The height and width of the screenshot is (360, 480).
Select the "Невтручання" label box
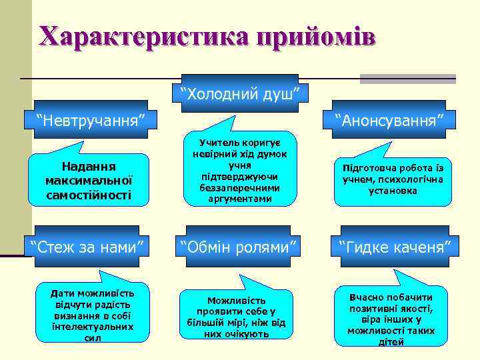click(92, 121)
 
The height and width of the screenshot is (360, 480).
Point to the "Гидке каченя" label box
click(395, 247)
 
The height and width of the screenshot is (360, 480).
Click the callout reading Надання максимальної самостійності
click(89, 180)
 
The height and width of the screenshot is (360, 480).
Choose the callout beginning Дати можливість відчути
click(93, 315)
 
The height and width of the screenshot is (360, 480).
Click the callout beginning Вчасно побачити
click(391, 319)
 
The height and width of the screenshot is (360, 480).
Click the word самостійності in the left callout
click(89, 195)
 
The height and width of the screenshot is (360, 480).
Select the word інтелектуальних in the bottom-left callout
click(93, 327)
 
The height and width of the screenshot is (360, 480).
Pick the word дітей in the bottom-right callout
click(391, 342)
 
